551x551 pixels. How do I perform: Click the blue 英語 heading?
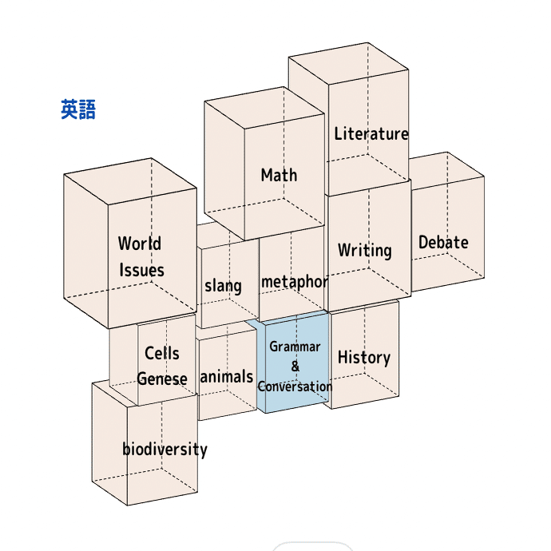click(78, 109)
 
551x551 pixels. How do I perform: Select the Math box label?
click(279, 175)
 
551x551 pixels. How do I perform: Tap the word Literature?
click(371, 134)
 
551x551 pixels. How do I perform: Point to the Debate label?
click(443, 242)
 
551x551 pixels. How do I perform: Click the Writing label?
click(364, 250)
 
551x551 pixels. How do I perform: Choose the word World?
click(140, 244)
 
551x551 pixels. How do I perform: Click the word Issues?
click(141, 270)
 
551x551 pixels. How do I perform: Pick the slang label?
click(223, 285)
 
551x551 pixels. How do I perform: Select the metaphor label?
click(294, 282)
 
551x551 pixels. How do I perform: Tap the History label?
click(363, 358)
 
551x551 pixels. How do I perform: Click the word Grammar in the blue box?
click(295, 347)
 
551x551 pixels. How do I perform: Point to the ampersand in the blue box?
click(295, 367)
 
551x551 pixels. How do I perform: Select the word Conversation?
click(295, 386)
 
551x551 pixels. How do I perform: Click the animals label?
click(226, 377)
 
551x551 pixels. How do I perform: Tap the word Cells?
click(162, 353)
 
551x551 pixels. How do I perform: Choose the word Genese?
click(162, 379)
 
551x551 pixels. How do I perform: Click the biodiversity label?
click(165, 449)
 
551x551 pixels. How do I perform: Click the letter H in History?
click(343, 358)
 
